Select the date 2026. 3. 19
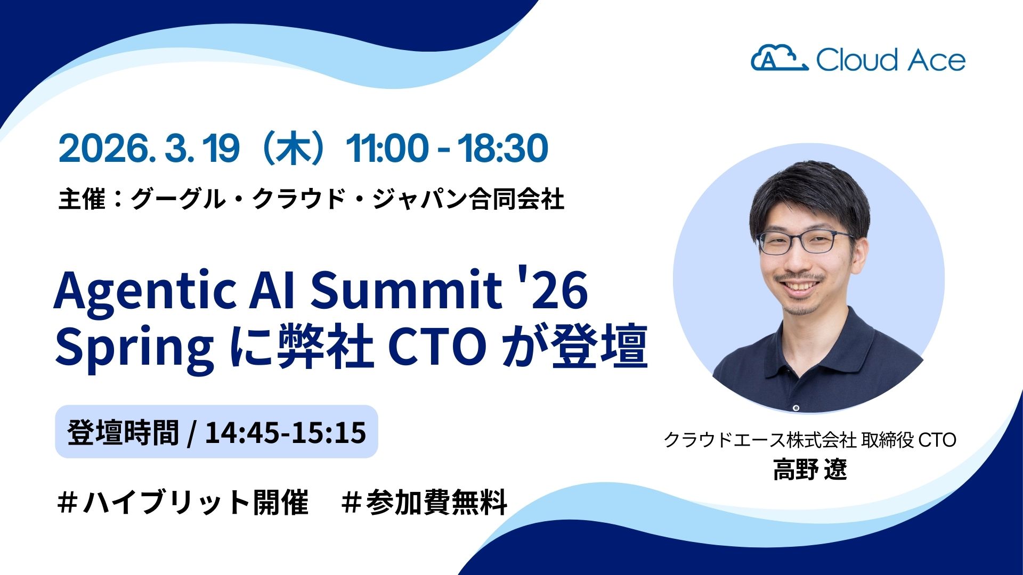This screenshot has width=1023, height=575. [149, 149]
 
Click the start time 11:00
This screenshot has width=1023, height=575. [387, 149]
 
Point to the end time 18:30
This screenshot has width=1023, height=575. [503, 149]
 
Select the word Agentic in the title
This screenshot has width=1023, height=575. [144, 292]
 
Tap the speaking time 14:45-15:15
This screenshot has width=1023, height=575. [285, 432]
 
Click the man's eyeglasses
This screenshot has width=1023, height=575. [805, 242]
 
